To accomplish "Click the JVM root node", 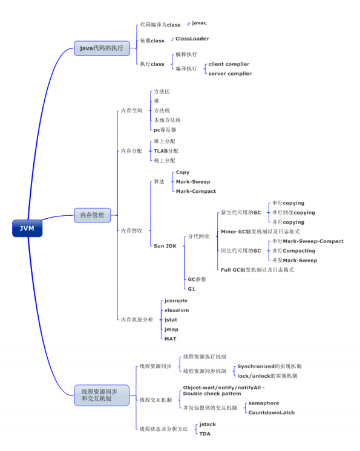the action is pyautogui.click(x=27, y=229).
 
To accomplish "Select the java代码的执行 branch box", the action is pyautogui.click(x=102, y=48).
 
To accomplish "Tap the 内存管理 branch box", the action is pyautogui.click(x=93, y=215).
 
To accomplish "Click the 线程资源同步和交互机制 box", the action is pyautogui.click(x=102, y=395).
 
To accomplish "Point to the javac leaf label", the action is pyautogui.click(x=199, y=23).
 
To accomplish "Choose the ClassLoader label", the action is pyautogui.click(x=192, y=39).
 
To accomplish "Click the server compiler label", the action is pyautogui.click(x=230, y=74).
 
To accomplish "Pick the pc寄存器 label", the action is pyautogui.click(x=165, y=130).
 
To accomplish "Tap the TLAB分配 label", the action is pyautogui.click(x=166, y=151).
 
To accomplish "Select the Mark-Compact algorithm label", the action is pyautogui.click(x=195, y=191).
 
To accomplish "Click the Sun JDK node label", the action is pyautogui.click(x=165, y=246).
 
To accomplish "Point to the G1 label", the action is pyautogui.click(x=191, y=289).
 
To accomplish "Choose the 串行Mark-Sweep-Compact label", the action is pyautogui.click(x=308, y=241).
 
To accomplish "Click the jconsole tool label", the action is pyautogui.click(x=176, y=300).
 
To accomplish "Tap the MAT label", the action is pyautogui.click(x=171, y=339).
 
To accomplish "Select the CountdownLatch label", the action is pyautogui.click(x=272, y=412).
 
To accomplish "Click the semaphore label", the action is pyautogui.click(x=264, y=403).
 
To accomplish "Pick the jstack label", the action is pyautogui.click(x=207, y=424).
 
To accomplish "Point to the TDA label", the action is pyautogui.click(x=205, y=433).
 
